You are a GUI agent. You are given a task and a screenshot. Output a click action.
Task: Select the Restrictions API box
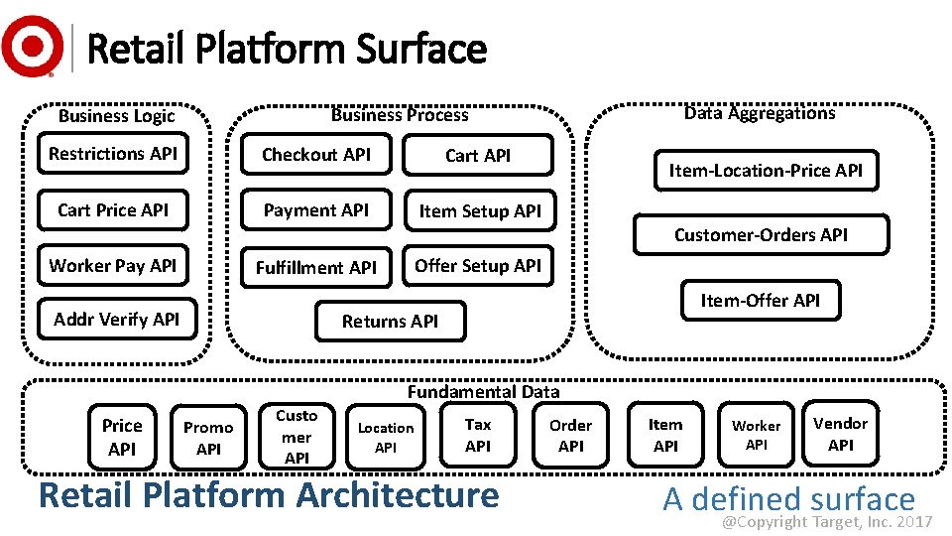pyautogui.click(x=113, y=154)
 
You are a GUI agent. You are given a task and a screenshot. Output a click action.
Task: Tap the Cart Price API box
pyautogui.click(x=113, y=210)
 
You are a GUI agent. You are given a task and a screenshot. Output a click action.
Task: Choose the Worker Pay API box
pyautogui.click(x=113, y=266)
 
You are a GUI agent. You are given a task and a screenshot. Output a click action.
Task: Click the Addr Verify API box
pyautogui.click(x=117, y=320)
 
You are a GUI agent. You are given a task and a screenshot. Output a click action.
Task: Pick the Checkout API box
pyautogui.click(x=316, y=155)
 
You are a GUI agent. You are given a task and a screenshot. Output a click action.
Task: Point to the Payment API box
pyautogui.click(x=316, y=210)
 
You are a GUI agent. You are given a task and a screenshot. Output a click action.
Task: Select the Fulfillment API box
pyautogui.click(x=316, y=267)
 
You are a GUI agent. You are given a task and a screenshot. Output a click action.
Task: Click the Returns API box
pyautogui.click(x=390, y=321)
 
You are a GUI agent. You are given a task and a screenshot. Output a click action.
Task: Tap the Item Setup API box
pyautogui.click(x=479, y=211)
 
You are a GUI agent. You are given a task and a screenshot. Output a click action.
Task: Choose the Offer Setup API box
pyautogui.click(x=478, y=266)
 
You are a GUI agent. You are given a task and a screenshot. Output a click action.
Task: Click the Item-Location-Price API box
pyautogui.click(x=766, y=171)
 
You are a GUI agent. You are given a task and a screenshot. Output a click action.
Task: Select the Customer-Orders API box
pyautogui.click(x=761, y=235)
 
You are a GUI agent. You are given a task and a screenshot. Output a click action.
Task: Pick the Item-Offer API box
pyautogui.click(x=761, y=300)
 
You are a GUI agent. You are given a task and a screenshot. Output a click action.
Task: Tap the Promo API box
pyautogui.click(x=208, y=438)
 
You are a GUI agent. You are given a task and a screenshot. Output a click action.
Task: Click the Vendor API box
pyautogui.click(x=840, y=434)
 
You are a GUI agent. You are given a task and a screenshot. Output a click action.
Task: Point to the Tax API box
pyautogui.click(x=478, y=435)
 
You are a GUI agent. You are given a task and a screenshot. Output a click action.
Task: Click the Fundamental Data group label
pyautogui.click(x=483, y=392)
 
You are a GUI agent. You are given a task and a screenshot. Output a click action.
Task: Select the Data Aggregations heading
pyautogui.click(x=760, y=113)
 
